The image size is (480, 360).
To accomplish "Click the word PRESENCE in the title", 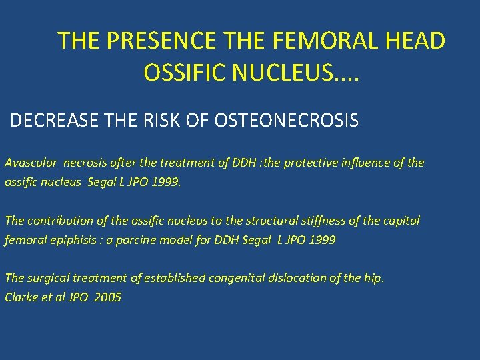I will coord(161,41).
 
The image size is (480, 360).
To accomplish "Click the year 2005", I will coord(108,297).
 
